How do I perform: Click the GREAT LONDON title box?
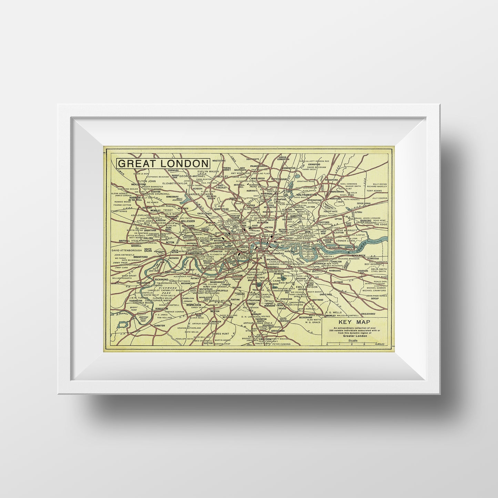[x=163, y=163]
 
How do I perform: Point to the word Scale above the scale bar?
[x=353, y=341]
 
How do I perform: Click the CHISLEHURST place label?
[x=368, y=314]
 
